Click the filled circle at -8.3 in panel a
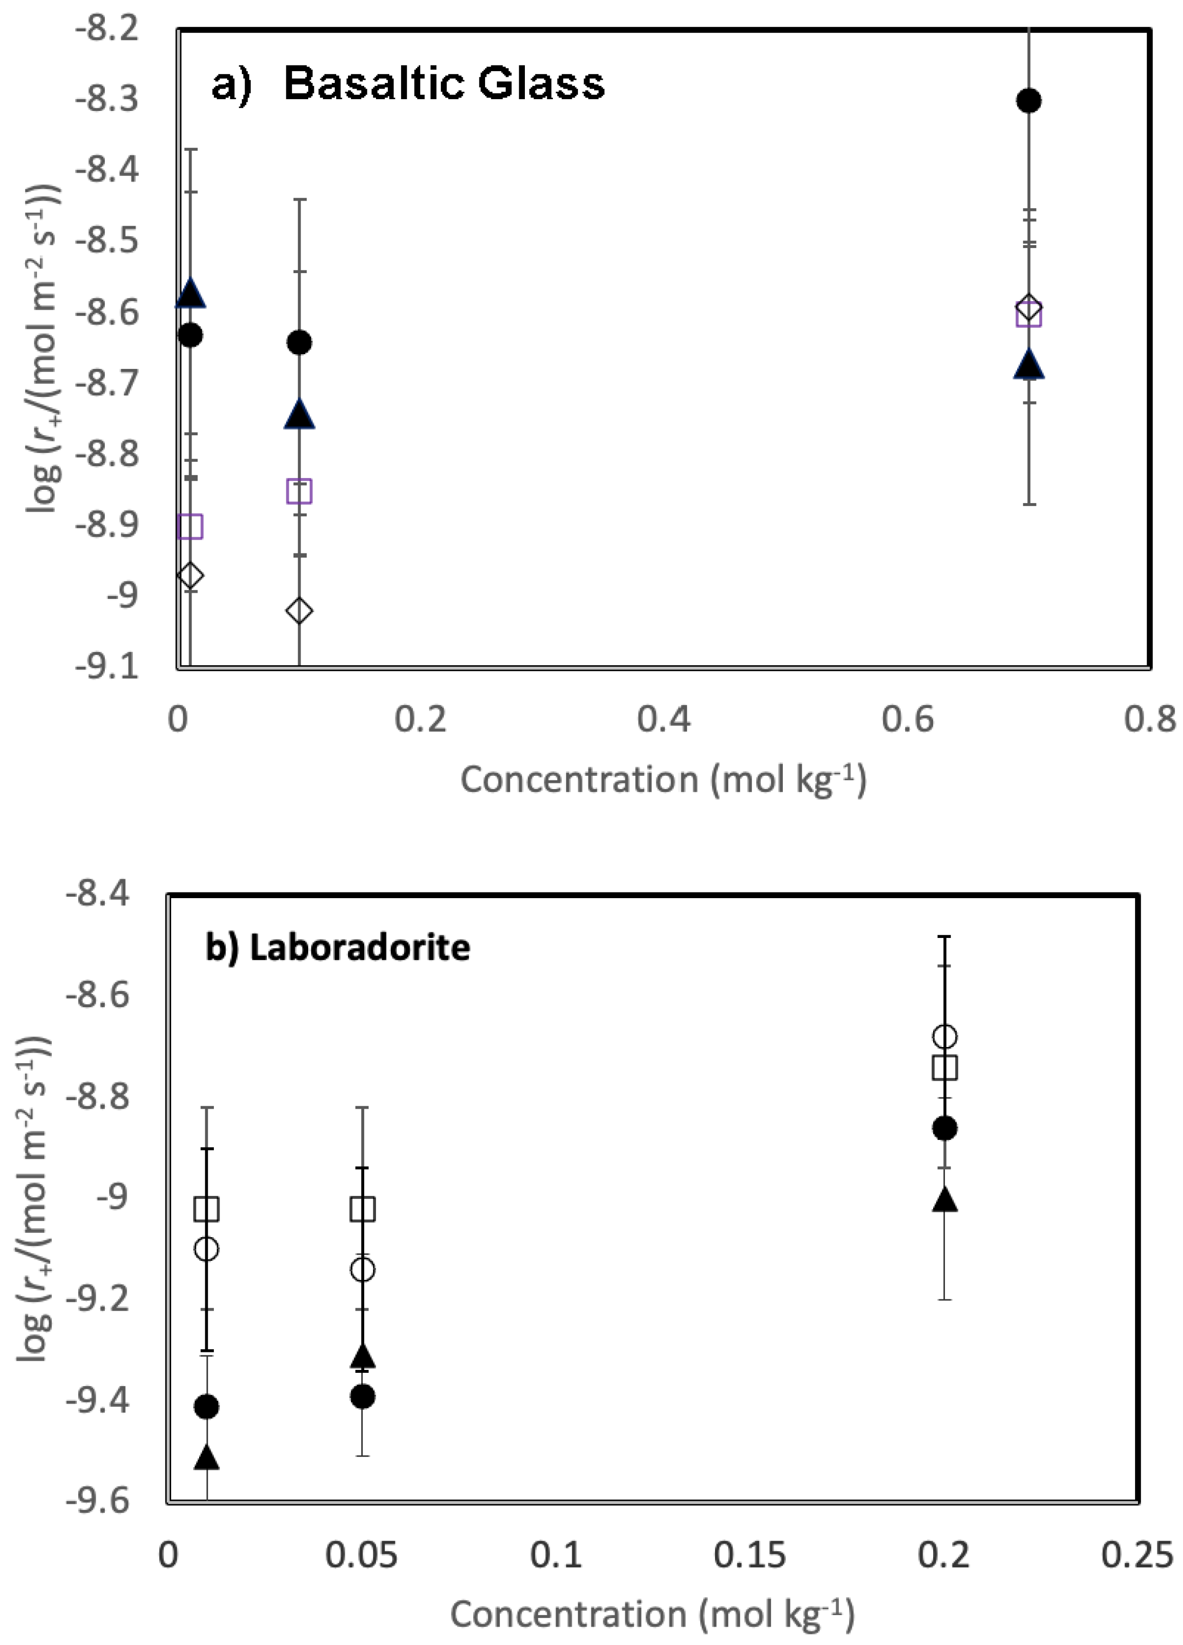click(x=1028, y=100)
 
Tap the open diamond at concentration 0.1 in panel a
click(x=299, y=611)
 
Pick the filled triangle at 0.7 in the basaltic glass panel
click(x=1028, y=365)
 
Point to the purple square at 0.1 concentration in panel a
click(x=299, y=491)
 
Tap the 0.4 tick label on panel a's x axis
click(x=664, y=719)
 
